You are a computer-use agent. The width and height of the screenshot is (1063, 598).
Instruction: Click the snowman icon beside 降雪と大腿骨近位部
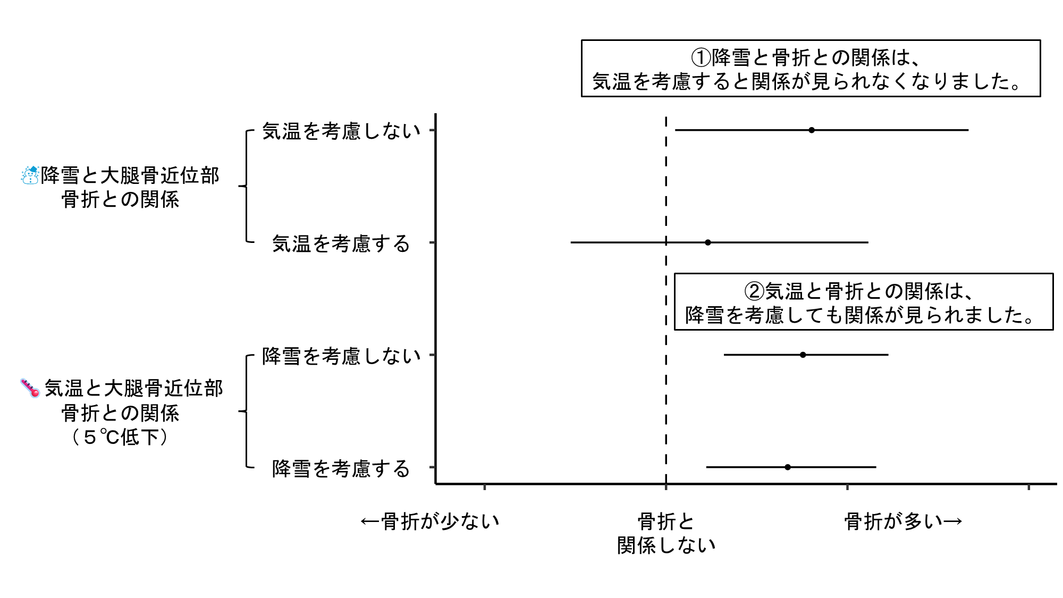coord(30,175)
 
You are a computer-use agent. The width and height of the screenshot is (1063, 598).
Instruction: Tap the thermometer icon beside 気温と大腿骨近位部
coord(30,388)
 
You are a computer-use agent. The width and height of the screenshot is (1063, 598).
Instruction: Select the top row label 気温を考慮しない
coord(341,131)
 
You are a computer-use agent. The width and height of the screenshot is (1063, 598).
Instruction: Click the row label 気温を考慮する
coord(341,243)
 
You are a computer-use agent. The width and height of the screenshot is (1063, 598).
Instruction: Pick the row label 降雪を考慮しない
coord(341,356)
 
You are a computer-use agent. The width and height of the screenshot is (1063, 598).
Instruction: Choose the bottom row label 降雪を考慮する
coord(341,468)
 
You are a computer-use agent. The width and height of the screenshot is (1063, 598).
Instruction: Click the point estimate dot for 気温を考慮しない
coord(812,130)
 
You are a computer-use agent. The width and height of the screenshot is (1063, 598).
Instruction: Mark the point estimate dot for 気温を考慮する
coord(708,242)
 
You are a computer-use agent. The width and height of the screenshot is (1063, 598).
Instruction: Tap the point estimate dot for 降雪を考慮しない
coord(803,355)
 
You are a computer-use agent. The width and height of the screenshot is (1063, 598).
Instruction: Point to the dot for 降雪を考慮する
coord(788,467)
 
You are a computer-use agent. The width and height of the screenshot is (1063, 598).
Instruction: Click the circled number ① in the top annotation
coord(701,57)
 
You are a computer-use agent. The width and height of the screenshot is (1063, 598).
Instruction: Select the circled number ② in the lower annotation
coord(754,291)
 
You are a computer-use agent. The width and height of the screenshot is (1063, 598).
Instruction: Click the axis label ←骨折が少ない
coord(430,521)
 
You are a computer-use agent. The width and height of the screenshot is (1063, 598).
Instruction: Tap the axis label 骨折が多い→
coord(904,521)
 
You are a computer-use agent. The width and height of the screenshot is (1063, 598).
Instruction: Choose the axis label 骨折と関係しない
coord(667,533)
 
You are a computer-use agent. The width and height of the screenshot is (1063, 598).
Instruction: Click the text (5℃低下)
coord(120,437)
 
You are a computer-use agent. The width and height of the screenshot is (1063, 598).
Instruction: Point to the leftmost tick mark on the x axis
coord(485,486)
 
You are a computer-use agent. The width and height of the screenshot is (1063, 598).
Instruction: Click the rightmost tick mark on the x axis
coord(1029,486)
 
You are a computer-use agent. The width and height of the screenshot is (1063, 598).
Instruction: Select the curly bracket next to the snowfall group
coord(246,186)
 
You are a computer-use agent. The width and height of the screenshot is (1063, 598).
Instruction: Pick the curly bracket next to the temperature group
coord(246,411)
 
